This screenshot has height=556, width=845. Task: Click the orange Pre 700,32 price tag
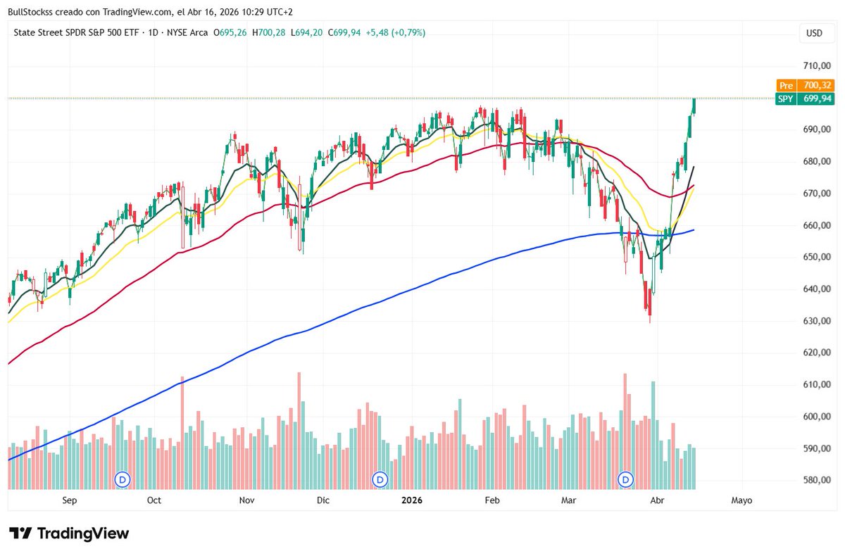point(805,85)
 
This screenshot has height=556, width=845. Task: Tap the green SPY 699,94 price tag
point(805,99)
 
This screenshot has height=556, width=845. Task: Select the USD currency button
point(814,33)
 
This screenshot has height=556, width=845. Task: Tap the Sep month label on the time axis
point(69,500)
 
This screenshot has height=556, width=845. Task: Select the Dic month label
point(323,500)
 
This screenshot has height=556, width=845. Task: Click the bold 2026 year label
point(412,500)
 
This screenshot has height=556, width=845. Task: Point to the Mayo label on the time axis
point(741,500)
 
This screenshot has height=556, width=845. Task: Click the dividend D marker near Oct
point(123,479)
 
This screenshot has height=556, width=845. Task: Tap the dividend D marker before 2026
point(380,479)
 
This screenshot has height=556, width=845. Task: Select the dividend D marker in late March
point(626,479)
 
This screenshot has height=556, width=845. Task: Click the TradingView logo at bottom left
point(69,533)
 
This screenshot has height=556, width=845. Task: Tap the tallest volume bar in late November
point(299,431)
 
